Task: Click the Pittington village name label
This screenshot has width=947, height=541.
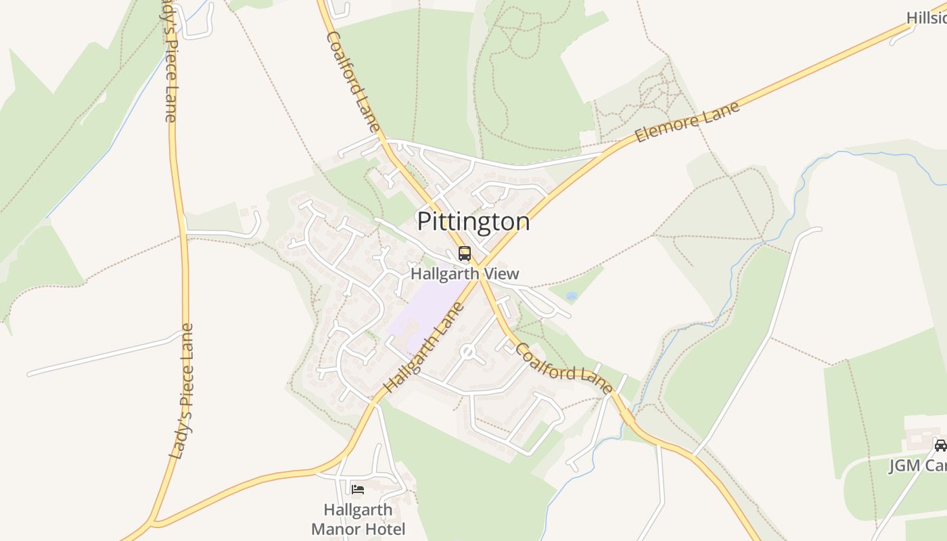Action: point(473,222)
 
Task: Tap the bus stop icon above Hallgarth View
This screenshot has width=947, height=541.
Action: point(465,254)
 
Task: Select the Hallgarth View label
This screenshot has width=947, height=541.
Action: point(465,274)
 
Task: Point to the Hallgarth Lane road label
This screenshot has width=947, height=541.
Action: point(425,348)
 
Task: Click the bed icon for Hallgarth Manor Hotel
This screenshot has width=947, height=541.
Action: point(358,489)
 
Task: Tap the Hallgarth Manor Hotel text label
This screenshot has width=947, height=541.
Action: point(358,519)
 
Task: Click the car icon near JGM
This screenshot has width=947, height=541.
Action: point(940,445)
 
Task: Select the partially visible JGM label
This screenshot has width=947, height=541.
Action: point(917,466)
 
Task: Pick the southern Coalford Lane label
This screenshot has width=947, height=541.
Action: point(564,369)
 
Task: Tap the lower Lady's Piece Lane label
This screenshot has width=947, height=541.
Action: point(182,392)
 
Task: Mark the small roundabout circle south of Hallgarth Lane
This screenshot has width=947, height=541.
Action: point(467,352)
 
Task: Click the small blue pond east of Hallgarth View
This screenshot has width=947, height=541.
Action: point(572,296)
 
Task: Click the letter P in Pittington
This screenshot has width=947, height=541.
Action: point(424,222)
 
